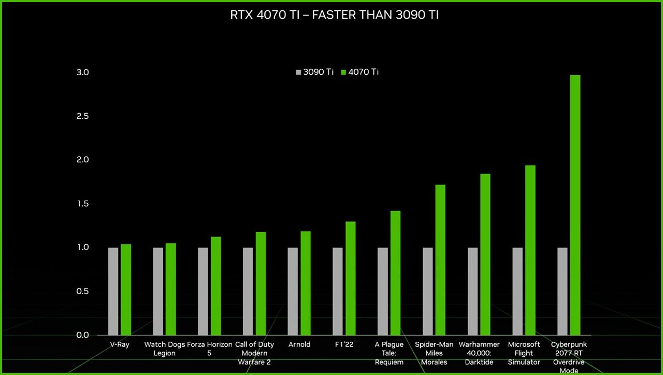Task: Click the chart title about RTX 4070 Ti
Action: (334, 15)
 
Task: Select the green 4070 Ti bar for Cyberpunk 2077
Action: (575, 205)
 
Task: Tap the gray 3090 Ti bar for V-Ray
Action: (113, 291)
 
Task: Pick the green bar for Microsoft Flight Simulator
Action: (530, 250)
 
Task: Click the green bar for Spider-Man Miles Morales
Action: (440, 259)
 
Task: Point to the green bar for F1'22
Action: (351, 278)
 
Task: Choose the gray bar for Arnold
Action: (293, 291)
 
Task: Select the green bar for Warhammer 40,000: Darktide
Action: (485, 254)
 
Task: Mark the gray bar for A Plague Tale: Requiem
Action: (382, 291)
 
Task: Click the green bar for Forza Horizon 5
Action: (216, 286)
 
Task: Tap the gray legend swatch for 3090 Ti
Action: (298, 72)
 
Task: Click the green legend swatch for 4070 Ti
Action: (343, 72)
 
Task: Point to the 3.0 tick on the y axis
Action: (83, 72)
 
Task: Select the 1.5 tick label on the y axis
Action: (83, 204)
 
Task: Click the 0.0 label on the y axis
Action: (83, 335)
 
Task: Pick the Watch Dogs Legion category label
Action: (165, 349)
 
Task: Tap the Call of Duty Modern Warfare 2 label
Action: (254, 353)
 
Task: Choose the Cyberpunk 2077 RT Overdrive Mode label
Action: (569, 357)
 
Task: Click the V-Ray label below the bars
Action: (120, 344)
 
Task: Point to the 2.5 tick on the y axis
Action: (83, 116)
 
